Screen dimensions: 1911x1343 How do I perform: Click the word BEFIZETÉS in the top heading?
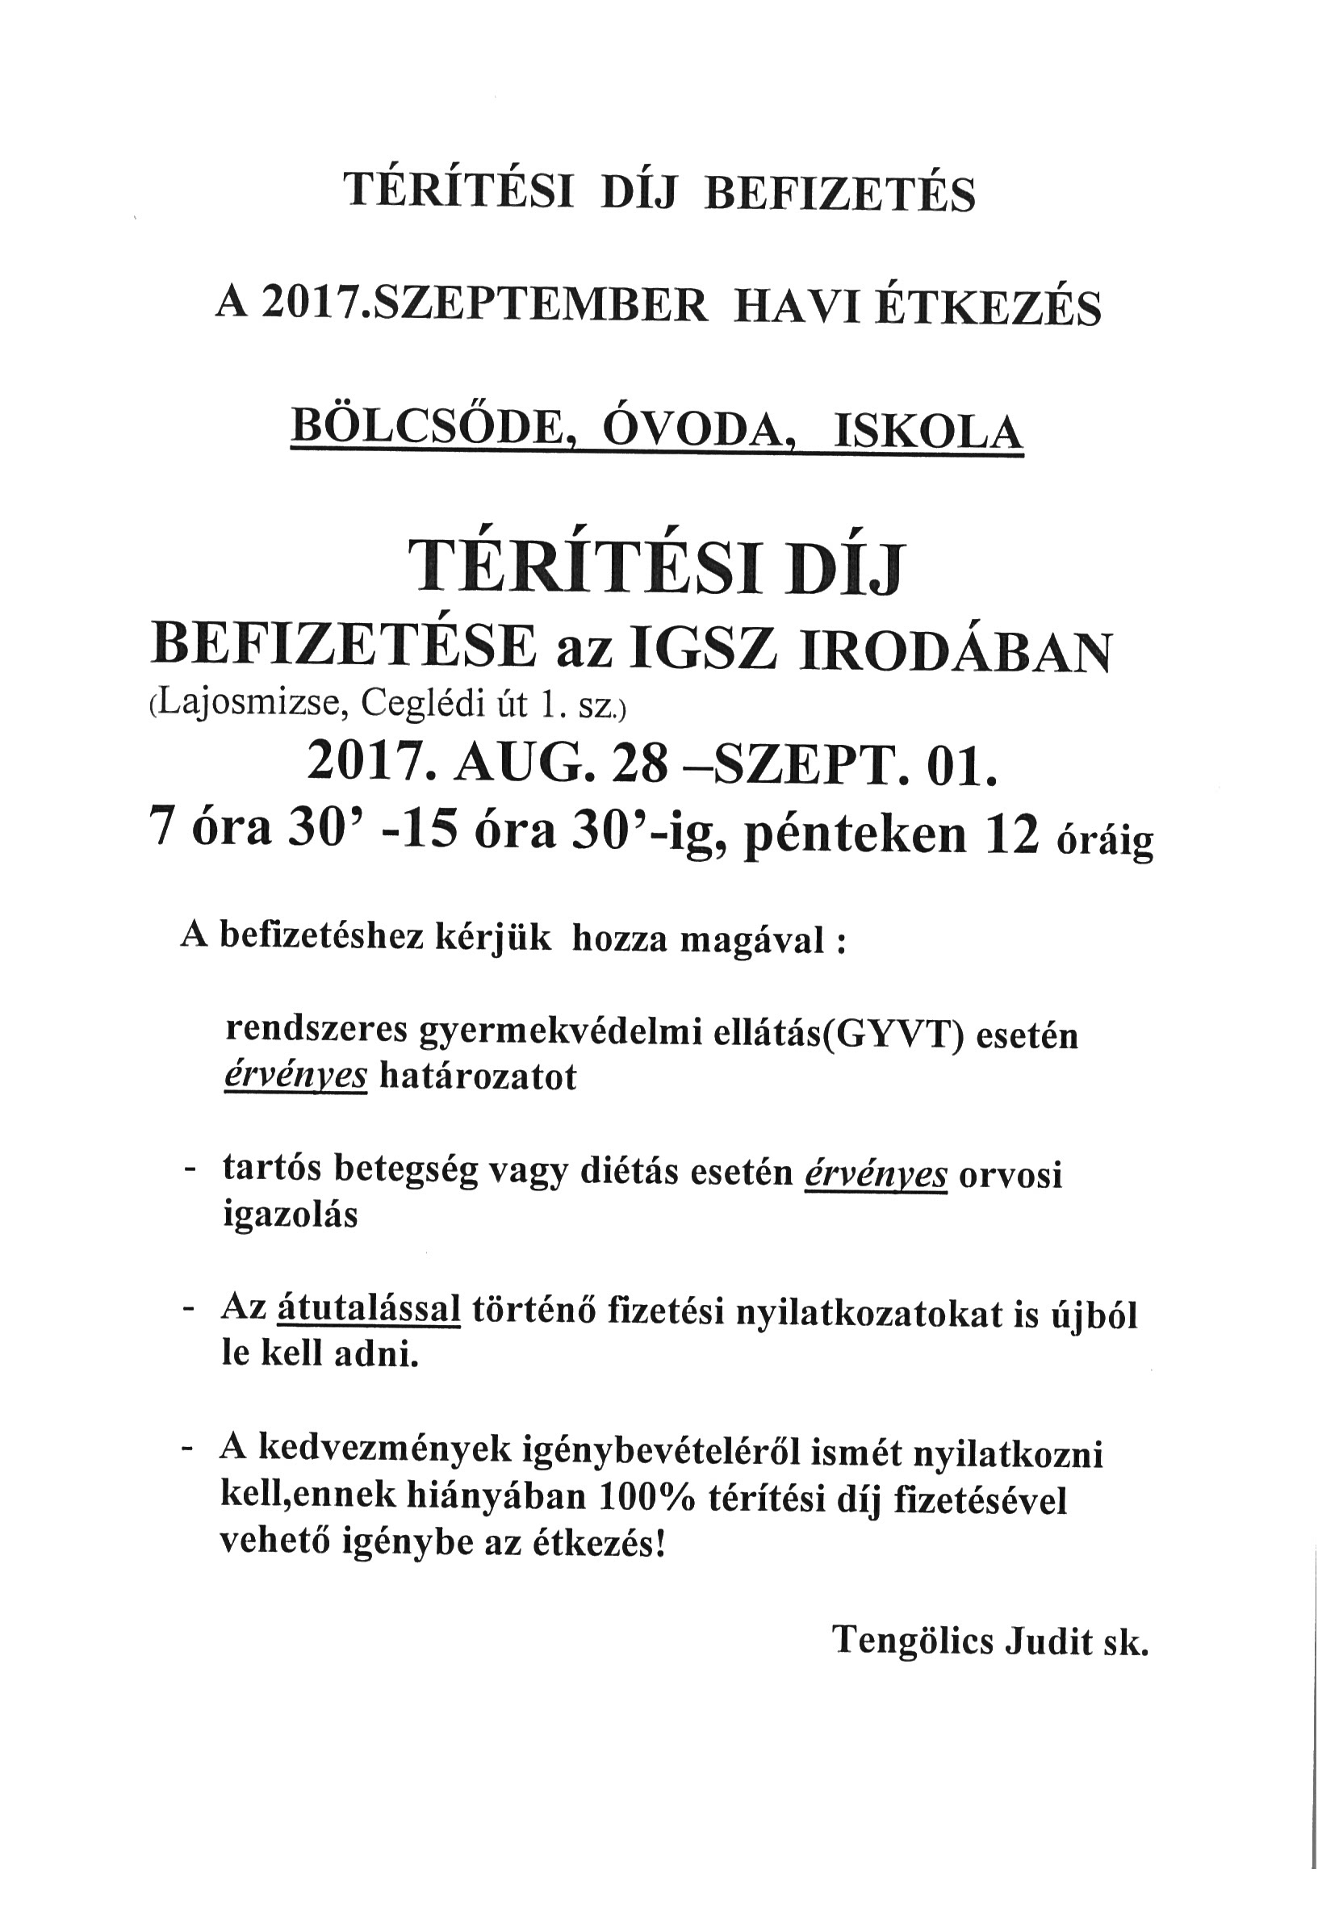(840, 193)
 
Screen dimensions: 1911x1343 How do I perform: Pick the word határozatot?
(478, 1078)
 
